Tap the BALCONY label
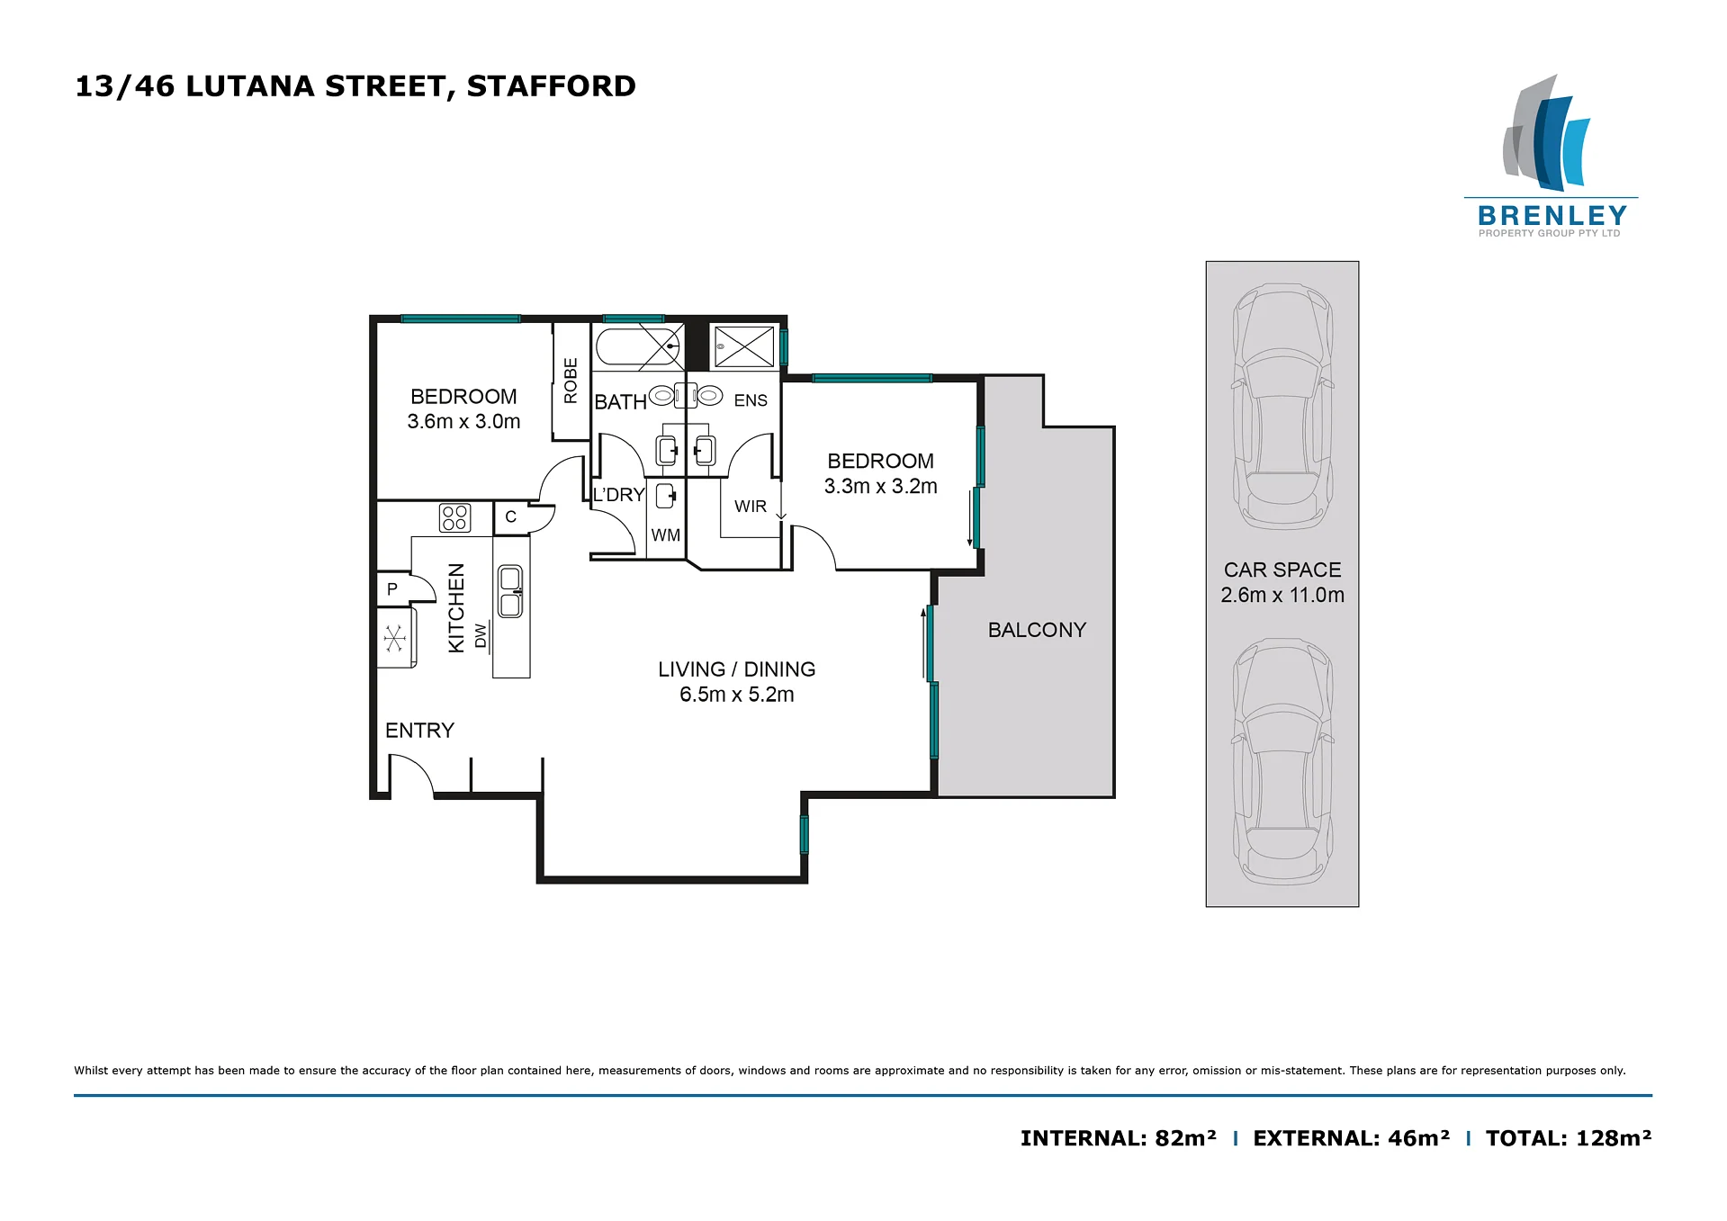tap(1037, 630)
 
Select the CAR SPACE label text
tap(1282, 570)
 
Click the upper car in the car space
tap(1282, 407)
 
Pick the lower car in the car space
tap(1282, 761)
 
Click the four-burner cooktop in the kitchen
tap(454, 517)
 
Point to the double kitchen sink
tap(510, 591)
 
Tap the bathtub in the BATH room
tap(638, 346)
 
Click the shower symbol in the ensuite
tap(744, 346)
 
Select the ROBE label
tap(571, 381)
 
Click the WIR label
tap(751, 507)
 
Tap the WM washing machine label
tap(666, 535)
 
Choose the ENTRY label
tap(419, 731)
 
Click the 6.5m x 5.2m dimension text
tap(737, 695)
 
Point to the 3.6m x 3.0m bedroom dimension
tap(463, 421)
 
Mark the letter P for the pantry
tap(392, 589)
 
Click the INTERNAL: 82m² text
tap(1119, 1138)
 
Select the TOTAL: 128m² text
tap(1569, 1138)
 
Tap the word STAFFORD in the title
tap(552, 86)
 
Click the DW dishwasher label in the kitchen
tap(481, 635)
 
